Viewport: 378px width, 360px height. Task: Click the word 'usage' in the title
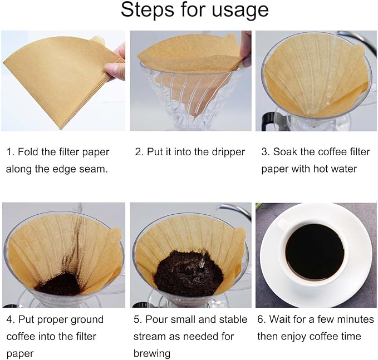[x=236, y=11]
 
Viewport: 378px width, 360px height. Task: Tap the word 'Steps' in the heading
[x=147, y=11]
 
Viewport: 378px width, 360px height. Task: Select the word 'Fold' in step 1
[x=30, y=152]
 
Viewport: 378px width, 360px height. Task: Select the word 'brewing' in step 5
[x=152, y=353]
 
